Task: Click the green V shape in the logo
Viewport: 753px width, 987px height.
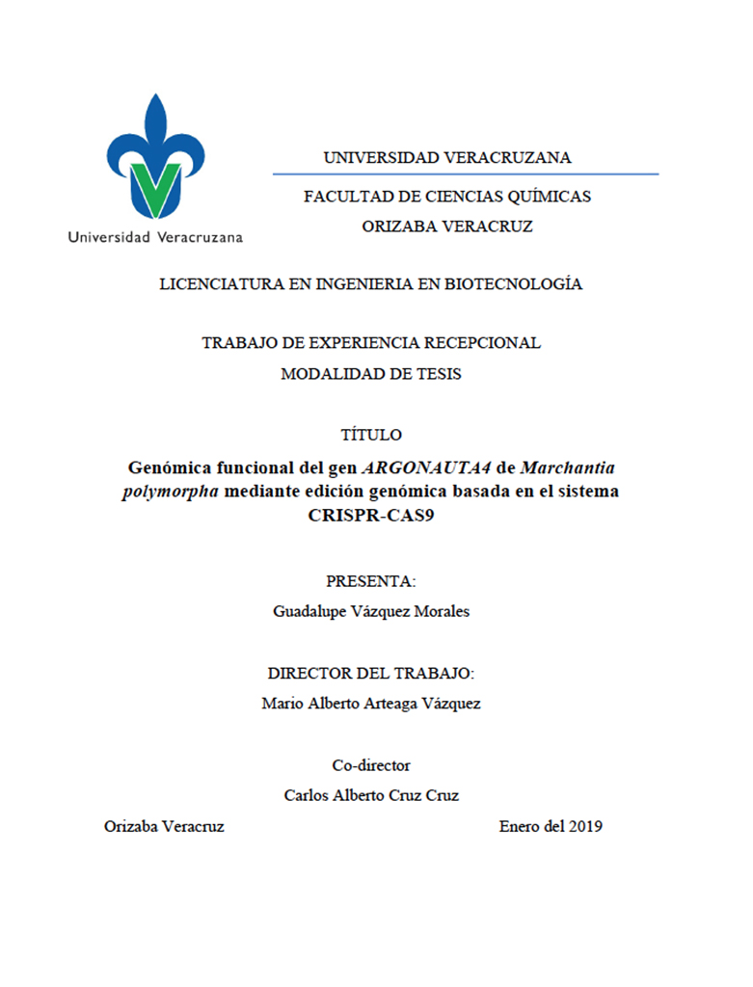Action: click(154, 188)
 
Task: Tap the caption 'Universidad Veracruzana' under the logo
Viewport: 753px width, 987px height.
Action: click(155, 236)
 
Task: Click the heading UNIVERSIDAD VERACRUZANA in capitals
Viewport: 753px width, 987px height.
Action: click(447, 157)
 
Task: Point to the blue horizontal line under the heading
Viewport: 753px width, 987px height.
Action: click(465, 174)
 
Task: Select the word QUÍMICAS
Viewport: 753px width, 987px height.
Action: click(550, 197)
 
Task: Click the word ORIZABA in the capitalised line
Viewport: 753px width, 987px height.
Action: click(397, 227)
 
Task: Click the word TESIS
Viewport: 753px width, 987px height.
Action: click(439, 374)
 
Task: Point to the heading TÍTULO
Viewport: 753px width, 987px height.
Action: click(371, 435)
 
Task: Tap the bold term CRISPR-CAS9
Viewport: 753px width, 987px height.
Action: click(371, 515)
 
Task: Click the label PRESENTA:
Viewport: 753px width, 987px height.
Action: click(371, 581)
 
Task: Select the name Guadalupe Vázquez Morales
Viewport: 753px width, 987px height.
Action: click(371, 612)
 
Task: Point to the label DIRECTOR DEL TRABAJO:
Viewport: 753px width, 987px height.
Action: click(371, 673)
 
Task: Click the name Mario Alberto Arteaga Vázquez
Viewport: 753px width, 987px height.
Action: click(371, 704)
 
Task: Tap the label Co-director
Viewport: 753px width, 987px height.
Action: click(371, 765)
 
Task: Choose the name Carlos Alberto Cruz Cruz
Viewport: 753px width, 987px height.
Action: click(371, 796)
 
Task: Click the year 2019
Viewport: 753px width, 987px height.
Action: click(585, 827)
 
